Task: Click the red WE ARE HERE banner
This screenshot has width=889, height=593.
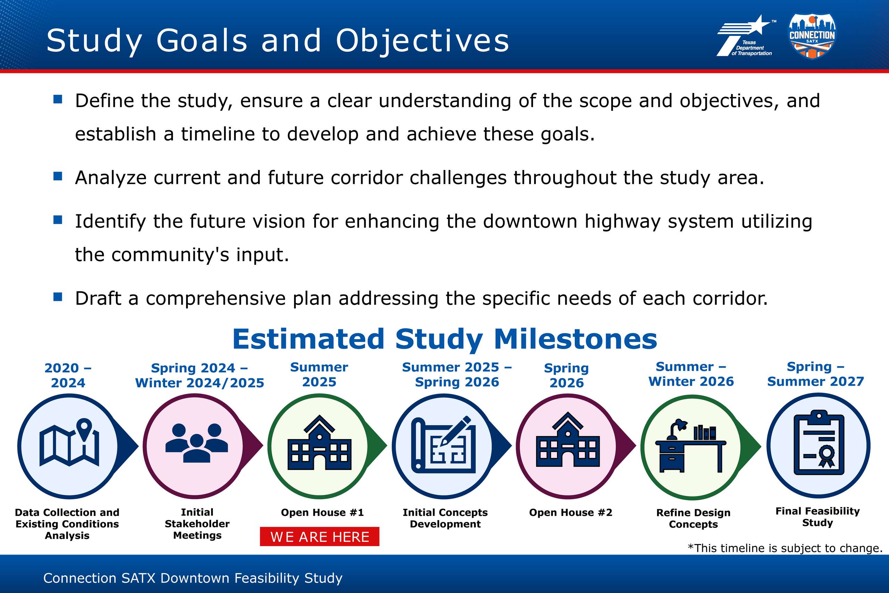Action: [319, 536]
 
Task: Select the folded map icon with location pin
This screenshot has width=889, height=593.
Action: [69, 442]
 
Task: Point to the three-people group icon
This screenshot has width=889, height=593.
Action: [197, 443]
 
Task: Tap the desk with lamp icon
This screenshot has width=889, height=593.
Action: [691, 445]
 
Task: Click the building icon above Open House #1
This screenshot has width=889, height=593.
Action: [319, 442]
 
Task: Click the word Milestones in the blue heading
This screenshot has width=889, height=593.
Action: [575, 339]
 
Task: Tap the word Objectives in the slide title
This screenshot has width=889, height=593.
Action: [423, 41]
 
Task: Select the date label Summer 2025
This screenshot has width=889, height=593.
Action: [319, 374]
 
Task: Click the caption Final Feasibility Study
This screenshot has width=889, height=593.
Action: [817, 517]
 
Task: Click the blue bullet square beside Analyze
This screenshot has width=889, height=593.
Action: [58, 176]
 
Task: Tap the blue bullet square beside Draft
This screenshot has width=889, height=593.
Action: [58, 297]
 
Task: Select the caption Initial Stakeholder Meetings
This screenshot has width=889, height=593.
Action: [197, 524]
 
